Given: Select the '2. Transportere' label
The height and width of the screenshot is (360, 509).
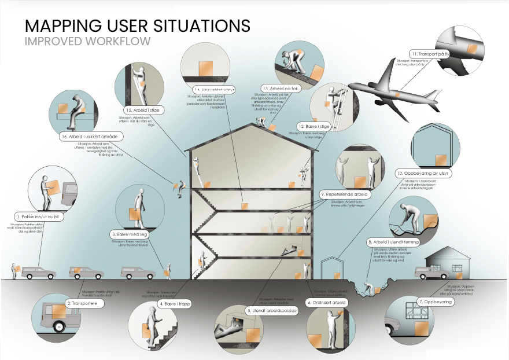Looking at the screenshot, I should pos(85,303).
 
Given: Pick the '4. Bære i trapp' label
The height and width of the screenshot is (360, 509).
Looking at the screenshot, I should pos(174,303).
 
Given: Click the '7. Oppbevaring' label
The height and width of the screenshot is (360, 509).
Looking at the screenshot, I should pos(433,302).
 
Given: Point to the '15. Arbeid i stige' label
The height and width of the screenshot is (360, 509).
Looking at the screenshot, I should pos(144,109).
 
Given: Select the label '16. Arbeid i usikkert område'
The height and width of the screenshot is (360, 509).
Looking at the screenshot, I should pos(87,137).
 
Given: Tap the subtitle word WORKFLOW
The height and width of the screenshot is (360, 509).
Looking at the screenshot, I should pos(120,42).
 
